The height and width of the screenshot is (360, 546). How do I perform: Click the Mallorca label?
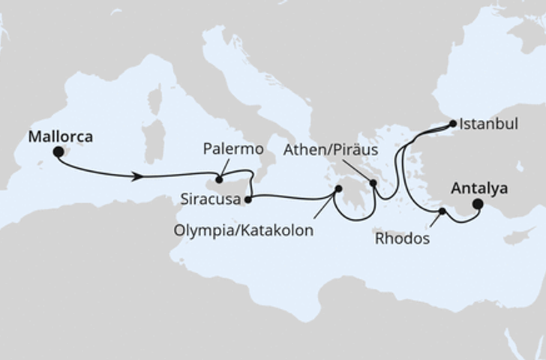61,137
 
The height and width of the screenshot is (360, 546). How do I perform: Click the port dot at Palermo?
219,178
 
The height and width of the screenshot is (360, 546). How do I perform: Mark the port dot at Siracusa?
248,199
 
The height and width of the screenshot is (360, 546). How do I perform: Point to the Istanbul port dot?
452,124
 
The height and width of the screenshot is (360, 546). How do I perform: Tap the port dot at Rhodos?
442,211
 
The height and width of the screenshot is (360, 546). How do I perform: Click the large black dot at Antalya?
478,202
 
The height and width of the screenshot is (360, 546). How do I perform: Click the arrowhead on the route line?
139,176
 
